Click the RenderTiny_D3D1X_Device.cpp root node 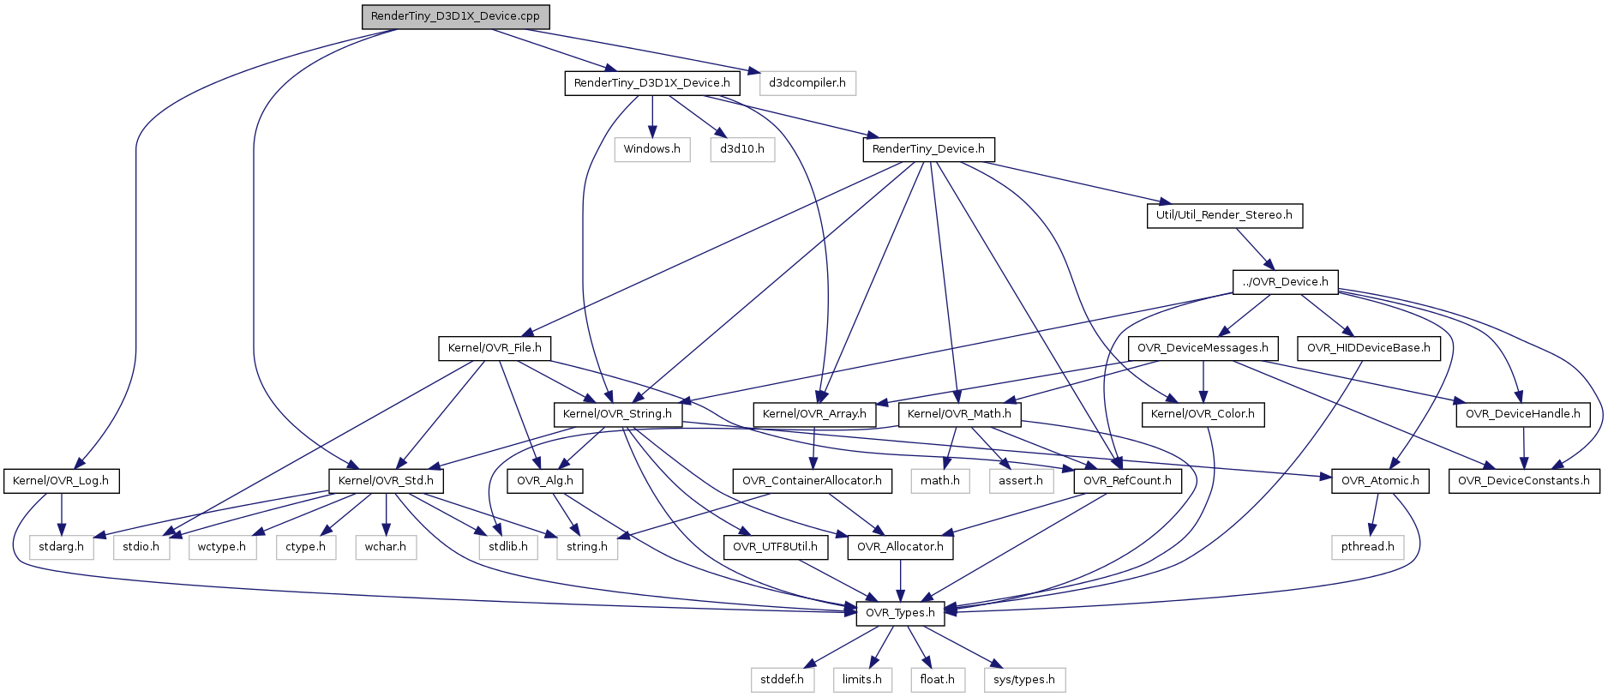(x=455, y=17)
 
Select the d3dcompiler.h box (x=807, y=83)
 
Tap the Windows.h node (x=651, y=149)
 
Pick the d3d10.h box (x=741, y=149)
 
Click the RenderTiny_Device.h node (x=927, y=149)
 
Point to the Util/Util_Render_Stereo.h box (x=1223, y=215)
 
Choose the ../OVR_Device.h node (x=1284, y=282)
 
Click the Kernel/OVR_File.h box (x=495, y=348)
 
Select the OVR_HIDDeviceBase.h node (x=1368, y=348)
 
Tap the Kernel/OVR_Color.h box (x=1202, y=414)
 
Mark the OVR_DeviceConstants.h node (x=1523, y=481)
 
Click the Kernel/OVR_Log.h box (x=61, y=481)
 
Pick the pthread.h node (x=1367, y=547)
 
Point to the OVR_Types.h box (x=900, y=613)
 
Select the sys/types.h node (x=1023, y=680)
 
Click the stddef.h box (x=782, y=680)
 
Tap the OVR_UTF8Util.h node (x=775, y=547)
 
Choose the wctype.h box (x=222, y=547)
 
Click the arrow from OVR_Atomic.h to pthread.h (x=1372, y=514)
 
